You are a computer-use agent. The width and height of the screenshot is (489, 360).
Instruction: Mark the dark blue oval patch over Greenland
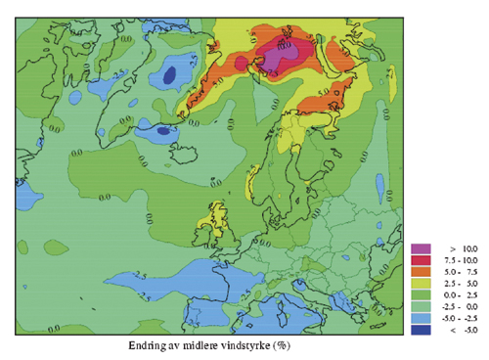pos(169,73)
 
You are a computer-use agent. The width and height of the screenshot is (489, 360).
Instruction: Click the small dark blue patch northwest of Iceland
pos(160,129)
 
